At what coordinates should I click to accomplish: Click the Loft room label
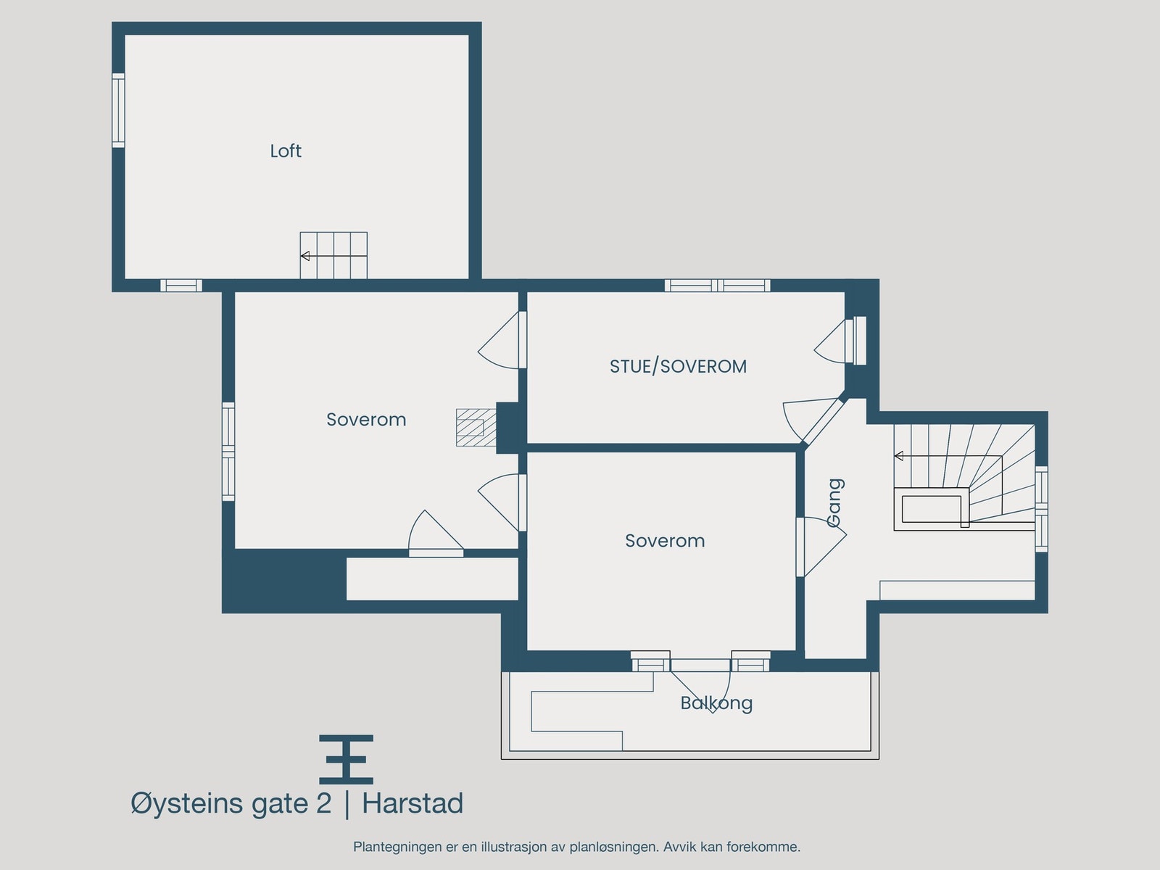click(286, 151)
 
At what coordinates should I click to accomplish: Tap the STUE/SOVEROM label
click(678, 367)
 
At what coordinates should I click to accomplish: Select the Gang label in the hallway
click(835, 502)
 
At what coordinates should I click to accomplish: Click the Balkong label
click(716, 703)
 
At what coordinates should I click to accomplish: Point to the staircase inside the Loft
click(333, 255)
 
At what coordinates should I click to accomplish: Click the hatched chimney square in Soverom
click(470, 427)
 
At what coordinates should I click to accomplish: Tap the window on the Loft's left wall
click(118, 110)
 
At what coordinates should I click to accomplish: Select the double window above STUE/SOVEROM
click(717, 286)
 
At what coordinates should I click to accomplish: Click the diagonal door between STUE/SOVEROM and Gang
click(824, 420)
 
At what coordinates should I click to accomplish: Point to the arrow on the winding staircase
click(900, 456)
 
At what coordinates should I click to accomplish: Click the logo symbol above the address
click(347, 759)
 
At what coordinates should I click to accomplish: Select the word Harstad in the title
click(413, 803)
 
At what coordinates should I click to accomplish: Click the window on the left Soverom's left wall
click(228, 452)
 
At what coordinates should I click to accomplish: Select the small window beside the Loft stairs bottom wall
click(181, 286)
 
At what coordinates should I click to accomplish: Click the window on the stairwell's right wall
click(1041, 510)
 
